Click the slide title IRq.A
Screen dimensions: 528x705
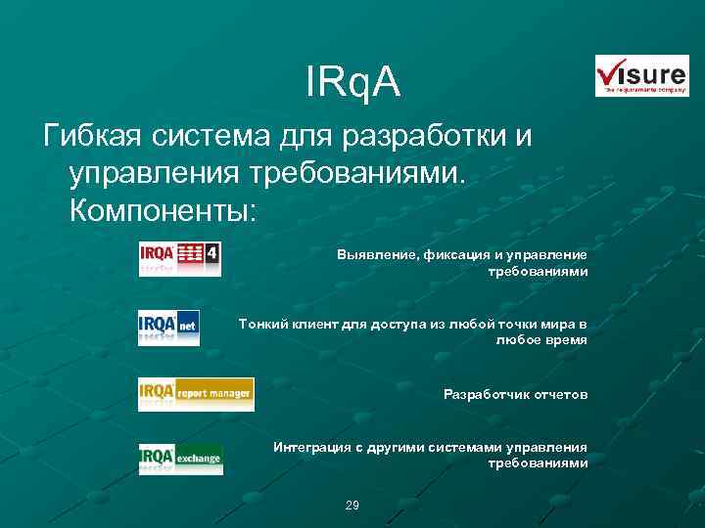tap(352, 84)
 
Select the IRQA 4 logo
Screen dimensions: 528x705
tap(180, 258)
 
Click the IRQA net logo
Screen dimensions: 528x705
tap(168, 327)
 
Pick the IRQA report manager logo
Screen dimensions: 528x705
tap(196, 394)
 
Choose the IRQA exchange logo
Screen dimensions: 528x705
tap(180, 458)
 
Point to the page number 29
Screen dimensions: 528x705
tap(352, 506)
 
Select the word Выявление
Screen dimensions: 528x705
tap(375, 254)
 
